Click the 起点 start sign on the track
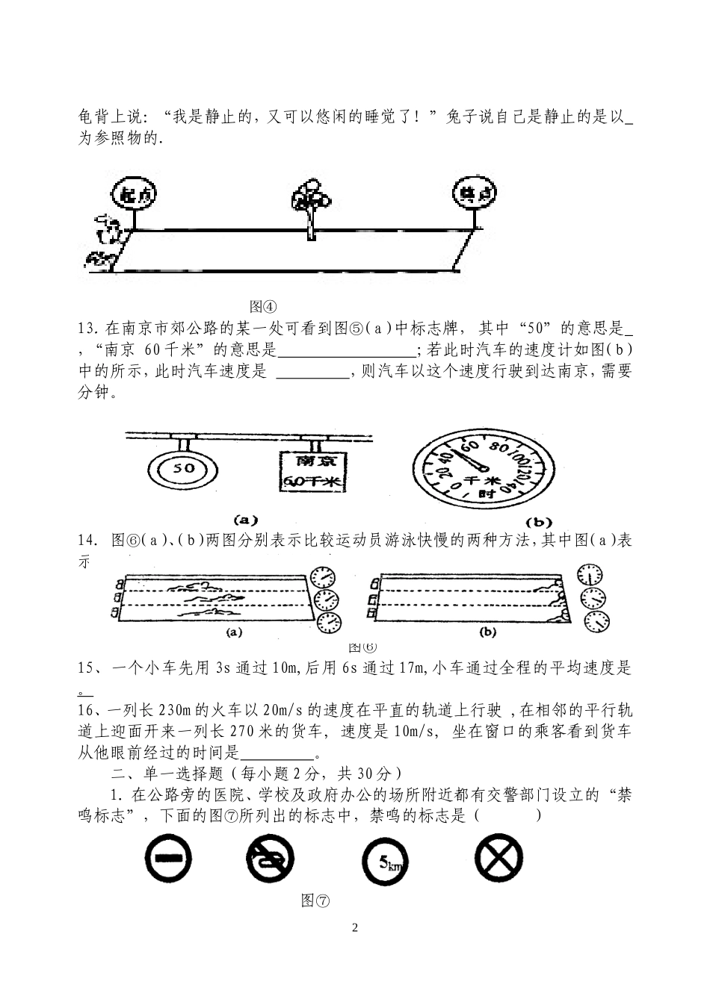click(x=135, y=196)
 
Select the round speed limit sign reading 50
click(x=184, y=469)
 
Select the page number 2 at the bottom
click(x=355, y=928)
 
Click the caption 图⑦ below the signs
click(x=315, y=900)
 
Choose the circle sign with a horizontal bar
click(x=167, y=859)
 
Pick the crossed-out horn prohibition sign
click(x=270, y=859)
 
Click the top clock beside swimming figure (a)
click(x=322, y=577)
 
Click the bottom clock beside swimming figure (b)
click(x=596, y=620)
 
